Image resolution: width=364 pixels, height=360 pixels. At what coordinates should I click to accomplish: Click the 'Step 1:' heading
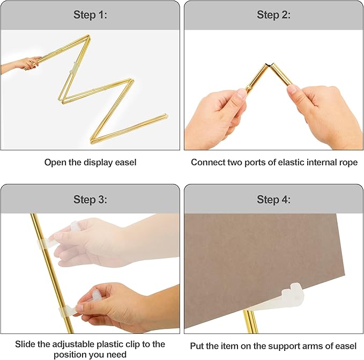pyautogui.click(x=90, y=15)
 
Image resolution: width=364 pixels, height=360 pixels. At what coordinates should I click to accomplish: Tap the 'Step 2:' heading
pyautogui.click(x=273, y=15)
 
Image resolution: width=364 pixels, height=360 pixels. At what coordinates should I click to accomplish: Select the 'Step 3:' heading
pyautogui.click(x=90, y=200)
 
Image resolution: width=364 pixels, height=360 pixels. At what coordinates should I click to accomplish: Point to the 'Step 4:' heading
pyautogui.click(x=273, y=200)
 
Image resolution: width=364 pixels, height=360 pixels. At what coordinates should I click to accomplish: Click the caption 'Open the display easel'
pyautogui.click(x=90, y=162)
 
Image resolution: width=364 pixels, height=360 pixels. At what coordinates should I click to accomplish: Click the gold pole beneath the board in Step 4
pyautogui.click(x=250, y=322)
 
